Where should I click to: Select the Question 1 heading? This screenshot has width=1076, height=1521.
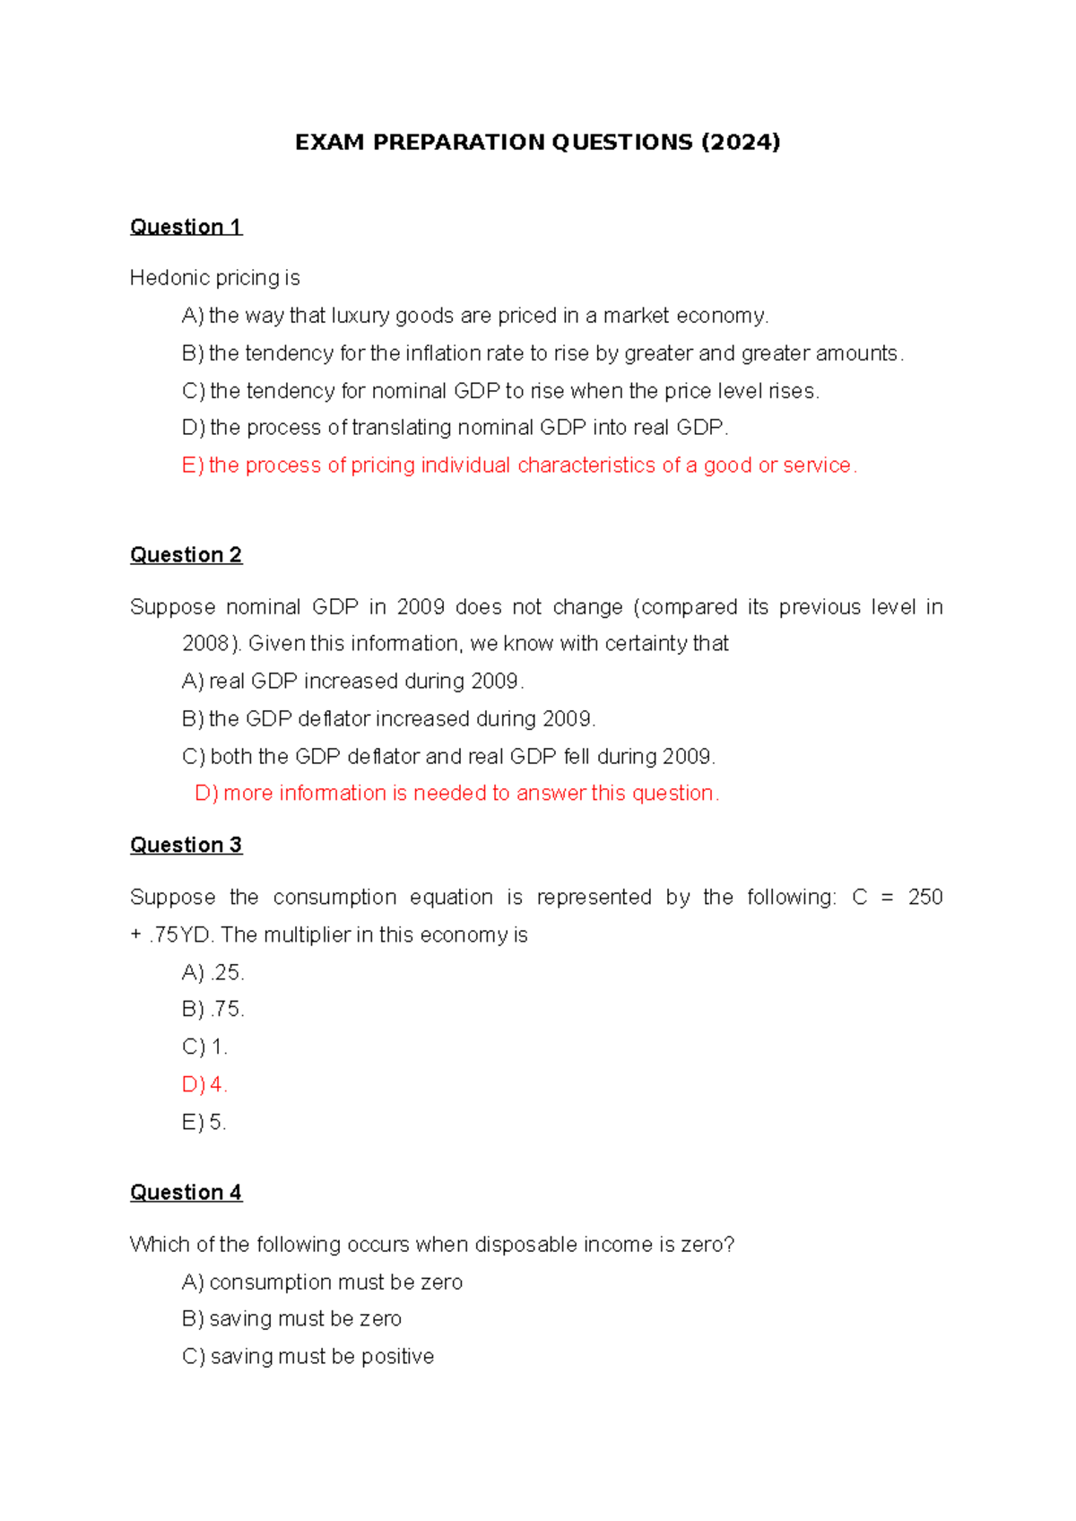point(186,227)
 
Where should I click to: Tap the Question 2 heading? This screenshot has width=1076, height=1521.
point(186,555)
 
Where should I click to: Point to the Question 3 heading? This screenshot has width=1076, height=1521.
point(186,846)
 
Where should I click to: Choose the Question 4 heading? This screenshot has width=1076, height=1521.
point(186,1193)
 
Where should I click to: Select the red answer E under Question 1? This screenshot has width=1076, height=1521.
point(519,465)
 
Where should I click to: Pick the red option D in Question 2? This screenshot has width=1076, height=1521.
point(456,794)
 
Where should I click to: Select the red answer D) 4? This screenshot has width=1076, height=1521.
point(204,1085)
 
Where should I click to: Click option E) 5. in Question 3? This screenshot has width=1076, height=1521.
point(204,1123)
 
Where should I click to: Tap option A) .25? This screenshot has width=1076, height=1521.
point(213,973)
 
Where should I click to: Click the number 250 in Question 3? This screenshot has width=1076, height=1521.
point(924,898)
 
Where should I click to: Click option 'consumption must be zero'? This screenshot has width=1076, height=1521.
point(322,1282)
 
